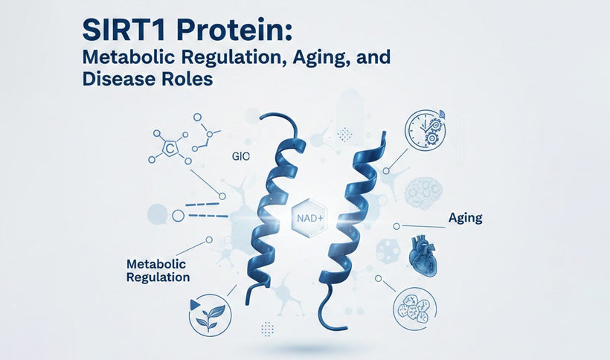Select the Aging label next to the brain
[465, 218]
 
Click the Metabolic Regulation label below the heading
[158, 270]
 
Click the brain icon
[423, 192]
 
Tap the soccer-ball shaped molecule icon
[388, 251]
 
